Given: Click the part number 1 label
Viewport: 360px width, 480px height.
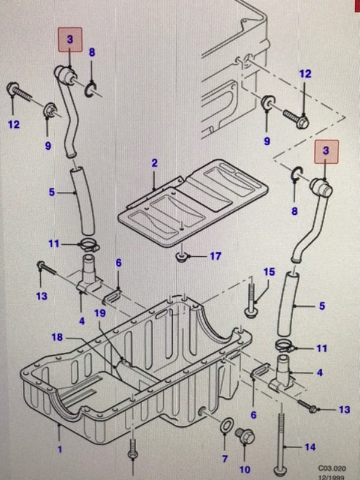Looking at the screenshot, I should click(59, 447).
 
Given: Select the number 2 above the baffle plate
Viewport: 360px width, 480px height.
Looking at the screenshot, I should click(154, 163).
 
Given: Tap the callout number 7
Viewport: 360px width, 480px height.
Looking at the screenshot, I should click(224, 459).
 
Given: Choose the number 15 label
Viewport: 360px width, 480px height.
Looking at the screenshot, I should click(268, 272).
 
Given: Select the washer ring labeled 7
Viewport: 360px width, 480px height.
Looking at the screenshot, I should click(224, 427).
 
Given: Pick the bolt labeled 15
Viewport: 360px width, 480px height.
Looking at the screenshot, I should click(251, 300).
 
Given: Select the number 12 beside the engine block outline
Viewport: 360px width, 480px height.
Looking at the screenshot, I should click(305, 74).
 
